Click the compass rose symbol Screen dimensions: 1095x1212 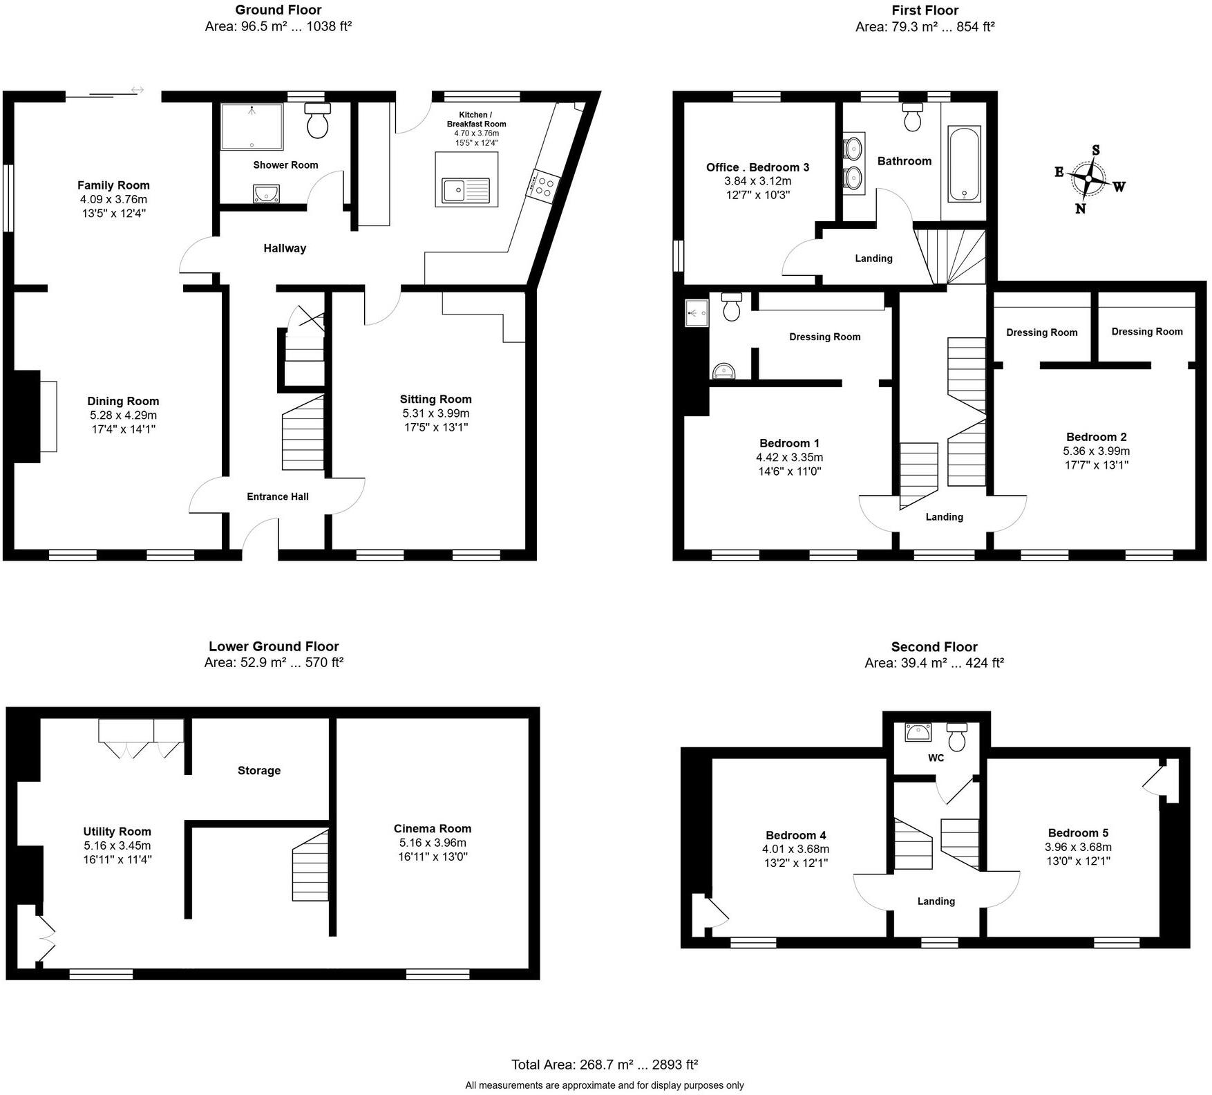click(1088, 178)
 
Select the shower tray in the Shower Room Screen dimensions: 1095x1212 click(252, 127)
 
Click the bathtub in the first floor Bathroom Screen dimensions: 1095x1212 click(963, 164)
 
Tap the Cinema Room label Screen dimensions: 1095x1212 click(433, 828)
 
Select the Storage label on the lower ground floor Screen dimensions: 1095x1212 click(259, 770)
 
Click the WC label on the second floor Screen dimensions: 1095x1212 click(936, 758)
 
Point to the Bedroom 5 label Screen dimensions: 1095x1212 click(1078, 832)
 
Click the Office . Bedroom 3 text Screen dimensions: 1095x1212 click(757, 167)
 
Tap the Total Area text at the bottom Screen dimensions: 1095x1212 click(605, 1065)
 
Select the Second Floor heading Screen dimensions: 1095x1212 click(934, 647)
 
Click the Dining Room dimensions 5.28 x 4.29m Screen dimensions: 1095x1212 click(123, 415)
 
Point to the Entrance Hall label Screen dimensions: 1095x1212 click(278, 496)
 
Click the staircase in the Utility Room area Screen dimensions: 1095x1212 click(310, 866)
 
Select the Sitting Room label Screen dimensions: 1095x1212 click(435, 399)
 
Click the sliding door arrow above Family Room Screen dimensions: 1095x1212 click(138, 90)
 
